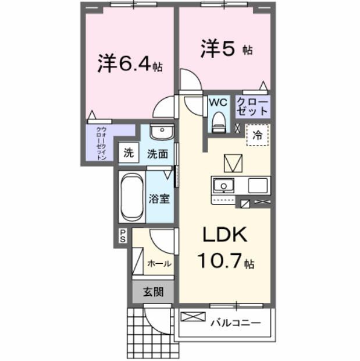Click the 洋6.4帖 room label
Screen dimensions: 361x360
point(130,63)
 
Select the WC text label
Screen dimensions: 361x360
point(218,102)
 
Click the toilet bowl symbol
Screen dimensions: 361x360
point(218,121)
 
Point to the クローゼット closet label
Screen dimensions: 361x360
point(252,107)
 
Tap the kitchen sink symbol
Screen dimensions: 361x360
point(221,186)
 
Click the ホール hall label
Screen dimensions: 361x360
point(159,263)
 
